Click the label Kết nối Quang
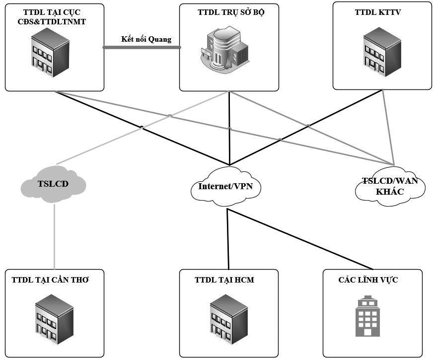tap(146, 39)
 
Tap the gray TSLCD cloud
tap(53, 184)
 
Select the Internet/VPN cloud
tap(226, 187)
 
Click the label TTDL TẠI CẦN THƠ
tap(50, 280)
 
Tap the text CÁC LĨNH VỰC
tap(368, 280)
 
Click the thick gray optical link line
tap(142, 48)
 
